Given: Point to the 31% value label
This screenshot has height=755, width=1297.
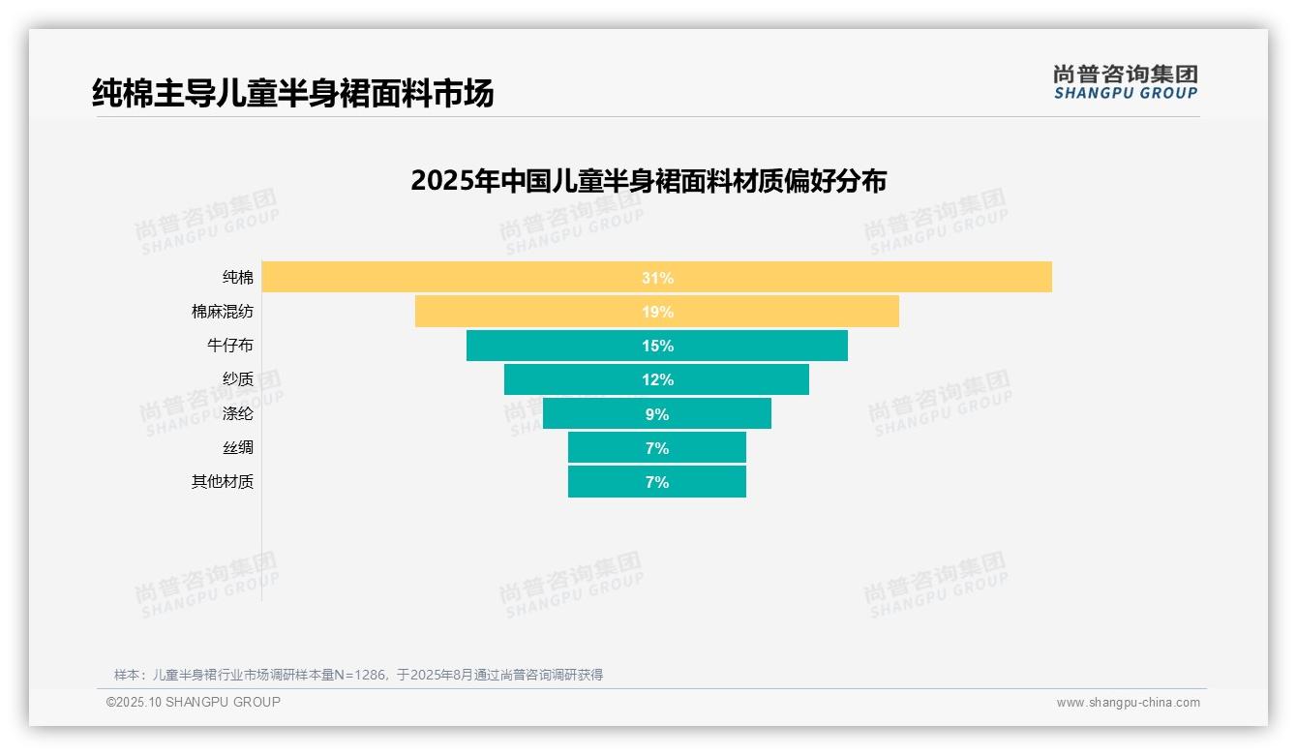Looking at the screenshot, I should [657, 278].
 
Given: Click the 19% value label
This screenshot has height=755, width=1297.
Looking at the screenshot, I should [657, 312].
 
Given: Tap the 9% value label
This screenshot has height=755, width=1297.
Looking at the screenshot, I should [657, 414].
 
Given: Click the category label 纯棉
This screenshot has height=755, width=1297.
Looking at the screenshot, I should [238, 278].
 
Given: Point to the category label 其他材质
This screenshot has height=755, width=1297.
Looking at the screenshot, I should [223, 482].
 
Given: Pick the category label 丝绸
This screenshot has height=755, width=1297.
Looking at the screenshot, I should [238, 448].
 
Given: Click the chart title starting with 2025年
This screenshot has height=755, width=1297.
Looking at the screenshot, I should [648, 181].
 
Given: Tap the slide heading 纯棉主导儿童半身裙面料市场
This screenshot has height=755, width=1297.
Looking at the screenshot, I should [293, 93].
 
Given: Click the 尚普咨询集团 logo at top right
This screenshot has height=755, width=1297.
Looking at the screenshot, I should [1125, 81].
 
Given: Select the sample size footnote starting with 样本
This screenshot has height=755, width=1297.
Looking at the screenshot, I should [358, 675].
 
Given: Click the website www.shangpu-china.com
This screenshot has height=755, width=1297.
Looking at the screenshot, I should [1128, 703].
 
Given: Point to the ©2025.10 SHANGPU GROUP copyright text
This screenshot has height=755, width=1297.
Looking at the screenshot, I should [194, 702].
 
